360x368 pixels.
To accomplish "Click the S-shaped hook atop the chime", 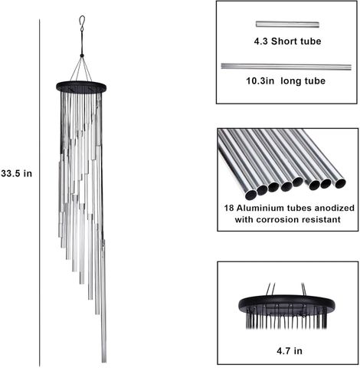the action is [x=82, y=24].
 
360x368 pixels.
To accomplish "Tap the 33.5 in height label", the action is [x=17, y=173].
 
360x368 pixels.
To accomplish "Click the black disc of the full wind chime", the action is [x=81, y=87].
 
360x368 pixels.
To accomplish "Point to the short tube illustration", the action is [x=287, y=25].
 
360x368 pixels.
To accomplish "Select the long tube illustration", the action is [x=286, y=67].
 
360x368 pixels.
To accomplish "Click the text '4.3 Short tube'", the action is [x=287, y=41].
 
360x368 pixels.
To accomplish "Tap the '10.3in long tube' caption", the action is [x=286, y=81].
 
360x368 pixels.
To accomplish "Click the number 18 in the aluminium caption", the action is [x=229, y=208].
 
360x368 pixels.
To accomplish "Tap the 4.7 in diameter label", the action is [x=290, y=351].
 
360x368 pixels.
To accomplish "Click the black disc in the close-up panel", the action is [x=286, y=304].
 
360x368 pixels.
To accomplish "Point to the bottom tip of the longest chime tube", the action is [x=104, y=362].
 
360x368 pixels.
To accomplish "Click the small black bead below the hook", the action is [x=82, y=55].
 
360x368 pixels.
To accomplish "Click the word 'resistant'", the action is [x=321, y=219].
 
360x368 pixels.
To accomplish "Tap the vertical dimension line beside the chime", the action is [x=40, y=193].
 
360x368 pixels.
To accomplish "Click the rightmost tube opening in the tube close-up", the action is [x=340, y=183].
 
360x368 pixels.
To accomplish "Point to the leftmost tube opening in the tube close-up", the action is [x=250, y=195].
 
